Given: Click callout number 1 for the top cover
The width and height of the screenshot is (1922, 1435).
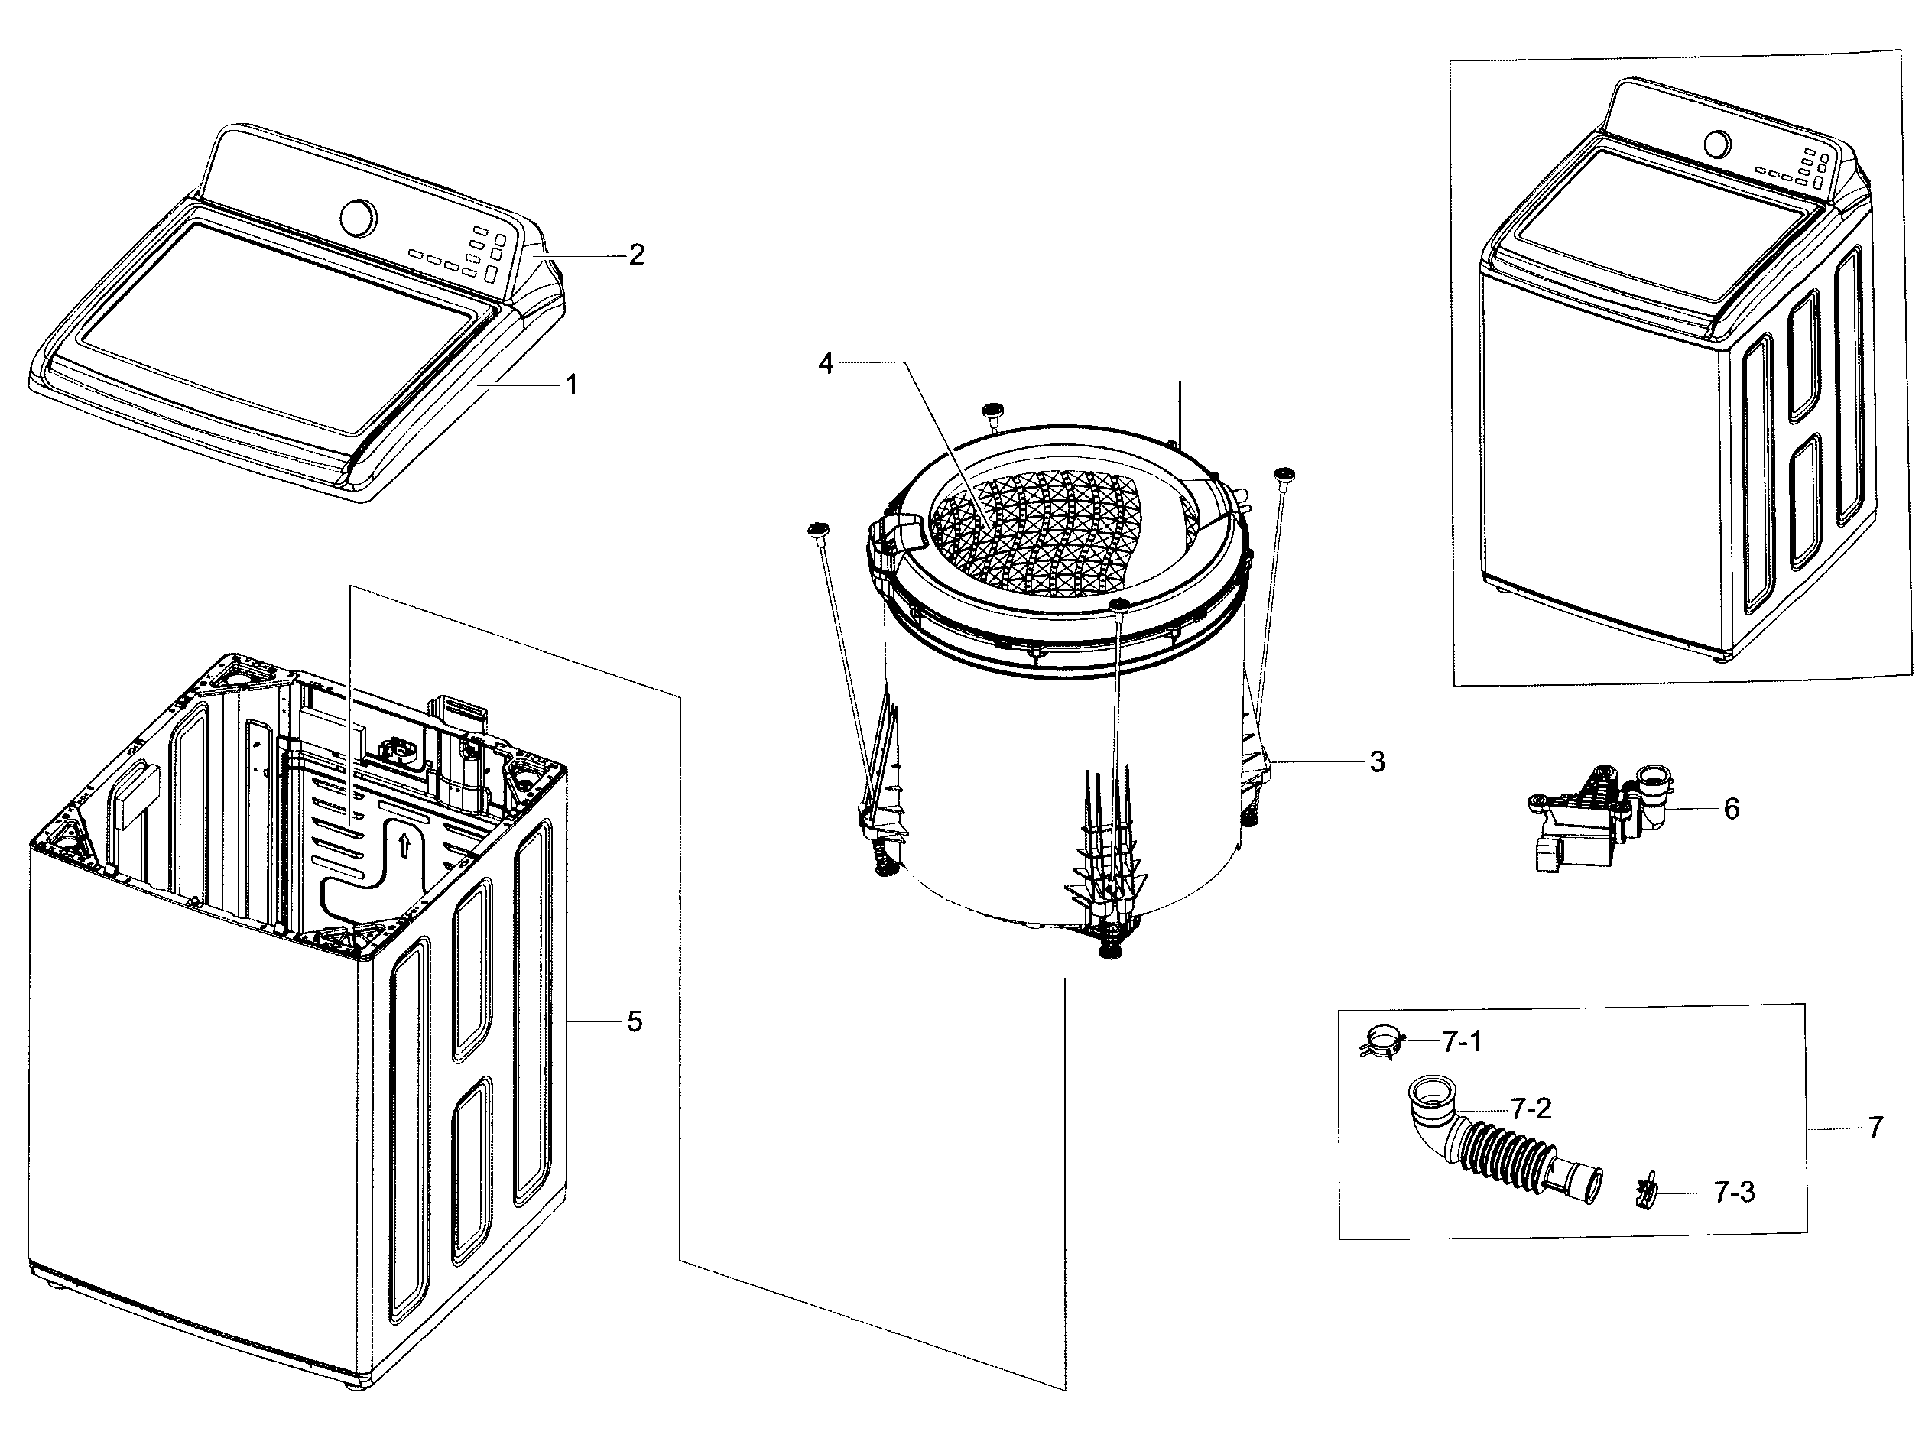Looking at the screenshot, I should [x=571, y=385].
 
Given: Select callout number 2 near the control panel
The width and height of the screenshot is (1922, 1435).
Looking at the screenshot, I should [x=636, y=255].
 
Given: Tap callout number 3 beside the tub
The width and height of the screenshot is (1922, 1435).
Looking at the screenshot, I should [x=1377, y=761].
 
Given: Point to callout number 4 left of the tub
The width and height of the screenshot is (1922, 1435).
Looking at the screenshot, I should [x=825, y=363].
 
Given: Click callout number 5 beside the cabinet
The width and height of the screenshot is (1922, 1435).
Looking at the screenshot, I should [x=635, y=1022].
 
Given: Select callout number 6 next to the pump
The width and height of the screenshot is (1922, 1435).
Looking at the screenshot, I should [x=1731, y=809].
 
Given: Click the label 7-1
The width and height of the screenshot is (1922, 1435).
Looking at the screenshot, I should [x=1462, y=1041].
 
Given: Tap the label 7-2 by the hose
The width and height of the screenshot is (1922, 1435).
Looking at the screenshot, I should [x=1531, y=1109].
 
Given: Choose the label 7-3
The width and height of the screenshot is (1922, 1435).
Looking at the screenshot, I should [x=1735, y=1193].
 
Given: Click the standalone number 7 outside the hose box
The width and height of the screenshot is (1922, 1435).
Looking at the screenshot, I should [x=1875, y=1128].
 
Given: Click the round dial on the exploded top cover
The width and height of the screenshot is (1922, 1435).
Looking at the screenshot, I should [x=359, y=216].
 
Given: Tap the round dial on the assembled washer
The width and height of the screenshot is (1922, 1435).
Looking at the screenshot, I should [x=1716, y=143].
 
